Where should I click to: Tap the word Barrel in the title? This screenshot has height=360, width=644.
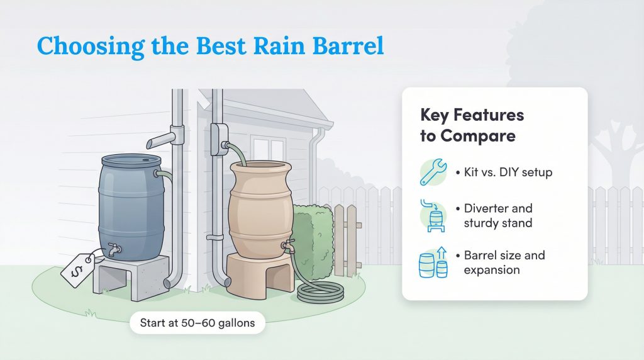345,47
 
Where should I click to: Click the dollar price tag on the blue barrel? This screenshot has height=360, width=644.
75,269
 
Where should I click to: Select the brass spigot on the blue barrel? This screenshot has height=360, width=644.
113,250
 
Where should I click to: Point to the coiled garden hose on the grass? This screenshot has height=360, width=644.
320,291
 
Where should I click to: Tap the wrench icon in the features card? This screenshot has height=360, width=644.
433,172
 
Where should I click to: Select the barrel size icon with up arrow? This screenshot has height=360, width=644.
433,263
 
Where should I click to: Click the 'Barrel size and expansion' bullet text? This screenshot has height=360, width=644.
504,262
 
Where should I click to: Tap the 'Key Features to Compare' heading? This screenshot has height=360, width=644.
472,125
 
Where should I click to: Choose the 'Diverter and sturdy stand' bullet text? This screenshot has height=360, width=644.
498,215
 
